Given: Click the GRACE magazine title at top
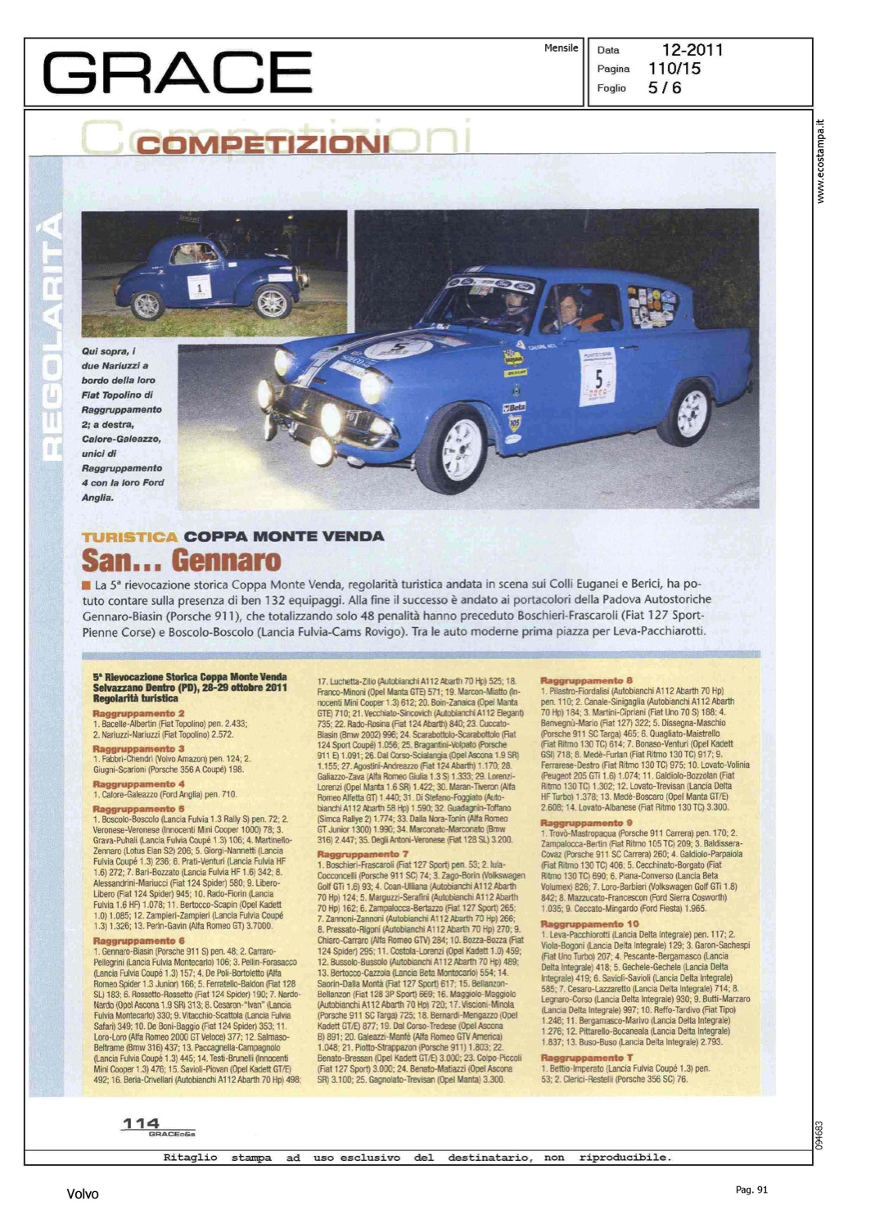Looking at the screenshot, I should pyautogui.click(x=177, y=72).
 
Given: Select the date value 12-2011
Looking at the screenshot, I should pyautogui.click(x=692, y=50).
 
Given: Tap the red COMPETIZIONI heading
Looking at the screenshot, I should pyautogui.click(x=263, y=145).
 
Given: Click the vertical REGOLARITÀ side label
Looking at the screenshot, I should pyautogui.click(x=52, y=336).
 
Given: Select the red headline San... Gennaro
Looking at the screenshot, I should pyautogui.click(x=181, y=561).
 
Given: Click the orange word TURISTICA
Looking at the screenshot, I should pyautogui.click(x=129, y=537).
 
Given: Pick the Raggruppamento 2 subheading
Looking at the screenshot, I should pyautogui.click(x=138, y=713).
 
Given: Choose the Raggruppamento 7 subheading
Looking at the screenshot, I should pyautogui.click(x=363, y=854).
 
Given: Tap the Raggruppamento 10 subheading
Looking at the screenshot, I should pyautogui.click(x=589, y=923).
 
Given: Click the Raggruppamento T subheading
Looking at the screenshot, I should pyautogui.click(x=586, y=1058).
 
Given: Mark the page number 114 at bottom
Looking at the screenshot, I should pyautogui.click(x=140, y=1123).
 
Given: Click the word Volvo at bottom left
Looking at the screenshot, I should pyautogui.click(x=82, y=1194).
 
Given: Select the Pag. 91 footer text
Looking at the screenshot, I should pyautogui.click(x=751, y=1190).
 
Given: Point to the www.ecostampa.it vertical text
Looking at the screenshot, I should pyautogui.click(x=821, y=161).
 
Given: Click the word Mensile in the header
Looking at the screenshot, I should pyautogui.click(x=561, y=48).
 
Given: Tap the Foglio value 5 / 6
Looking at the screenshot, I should pyautogui.click(x=664, y=88).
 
